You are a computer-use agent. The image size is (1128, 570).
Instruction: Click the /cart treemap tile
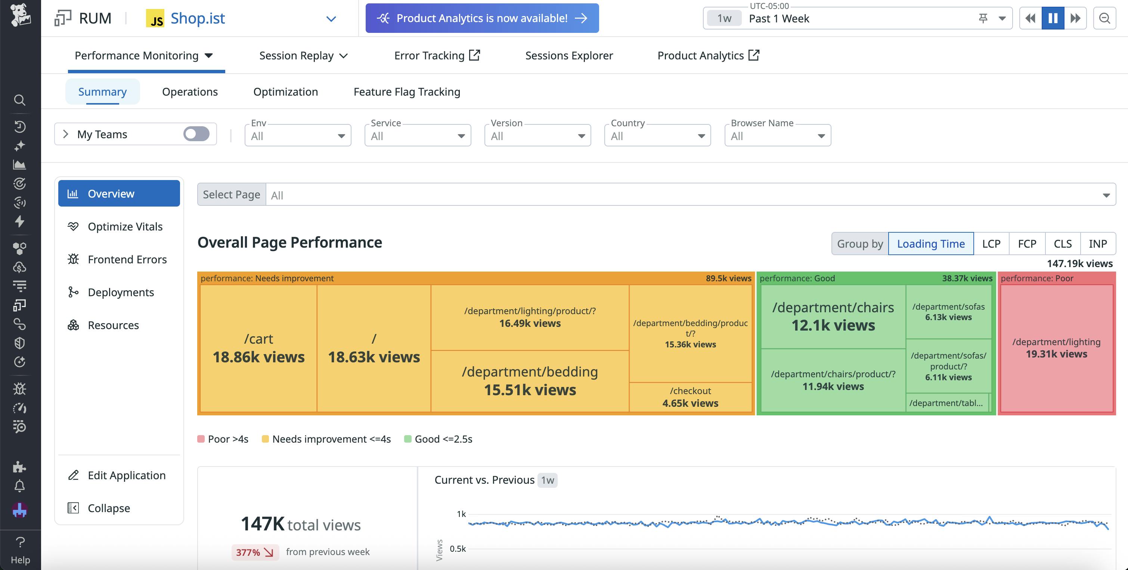click(258, 348)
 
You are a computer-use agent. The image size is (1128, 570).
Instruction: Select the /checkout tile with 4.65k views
click(690, 397)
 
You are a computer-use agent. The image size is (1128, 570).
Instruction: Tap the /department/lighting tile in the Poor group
click(1056, 348)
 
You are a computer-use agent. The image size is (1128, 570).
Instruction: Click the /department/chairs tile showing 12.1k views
click(833, 316)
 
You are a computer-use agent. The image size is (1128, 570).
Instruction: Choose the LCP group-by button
click(991, 244)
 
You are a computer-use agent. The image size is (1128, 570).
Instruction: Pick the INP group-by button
click(1097, 244)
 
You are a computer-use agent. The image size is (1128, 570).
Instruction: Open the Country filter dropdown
click(657, 136)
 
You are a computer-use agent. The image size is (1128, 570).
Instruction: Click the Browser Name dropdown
click(777, 136)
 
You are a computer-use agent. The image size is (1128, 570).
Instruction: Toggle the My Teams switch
click(196, 134)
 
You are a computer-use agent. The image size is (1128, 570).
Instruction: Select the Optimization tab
click(285, 92)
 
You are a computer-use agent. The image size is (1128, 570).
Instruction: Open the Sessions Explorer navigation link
click(569, 56)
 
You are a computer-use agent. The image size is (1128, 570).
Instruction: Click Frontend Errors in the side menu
click(127, 260)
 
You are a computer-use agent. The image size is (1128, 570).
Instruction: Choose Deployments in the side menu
click(121, 292)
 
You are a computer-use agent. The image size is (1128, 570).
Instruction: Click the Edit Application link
click(126, 475)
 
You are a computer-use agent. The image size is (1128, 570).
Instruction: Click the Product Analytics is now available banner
click(482, 18)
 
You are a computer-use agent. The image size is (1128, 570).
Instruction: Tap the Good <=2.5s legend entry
click(443, 439)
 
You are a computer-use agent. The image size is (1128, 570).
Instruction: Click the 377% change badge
click(254, 552)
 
